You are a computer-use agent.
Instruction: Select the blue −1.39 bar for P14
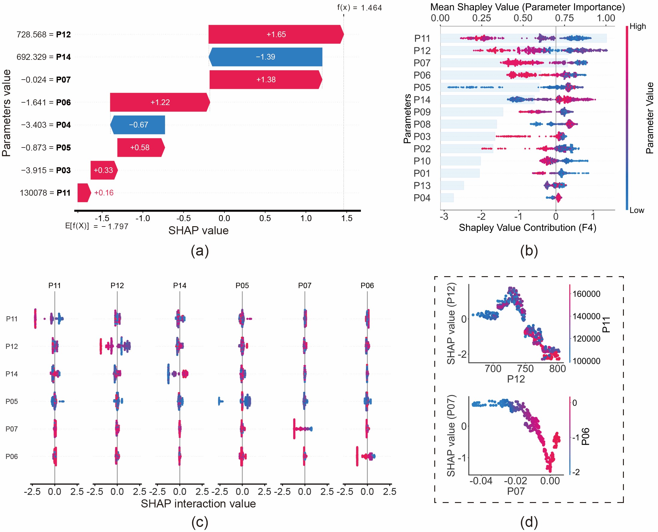[x=265, y=57]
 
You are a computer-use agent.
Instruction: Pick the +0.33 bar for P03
[x=103, y=170]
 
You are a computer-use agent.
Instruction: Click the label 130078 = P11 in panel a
[x=45, y=193]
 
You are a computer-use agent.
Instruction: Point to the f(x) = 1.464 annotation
[x=359, y=8]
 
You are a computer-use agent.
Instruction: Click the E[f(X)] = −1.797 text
[x=97, y=227]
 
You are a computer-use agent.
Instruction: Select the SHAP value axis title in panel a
[x=199, y=231]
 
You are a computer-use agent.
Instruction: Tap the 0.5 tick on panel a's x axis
[x=265, y=218]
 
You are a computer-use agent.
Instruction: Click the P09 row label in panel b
[x=422, y=112]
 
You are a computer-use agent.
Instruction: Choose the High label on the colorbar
[x=638, y=27]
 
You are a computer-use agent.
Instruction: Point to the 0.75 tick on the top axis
[x=565, y=18]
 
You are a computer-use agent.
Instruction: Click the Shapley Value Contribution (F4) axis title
[x=528, y=228]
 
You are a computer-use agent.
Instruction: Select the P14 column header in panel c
[x=180, y=286]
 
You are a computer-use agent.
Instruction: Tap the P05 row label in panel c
[x=12, y=402]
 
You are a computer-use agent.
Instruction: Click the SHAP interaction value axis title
[x=199, y=504]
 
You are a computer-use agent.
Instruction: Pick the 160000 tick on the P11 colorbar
[x=586, y=294]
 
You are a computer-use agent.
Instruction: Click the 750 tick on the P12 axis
[x=526, y=369]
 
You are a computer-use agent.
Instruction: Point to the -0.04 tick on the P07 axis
[x=481, y=481]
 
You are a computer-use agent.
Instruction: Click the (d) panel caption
[x=529, y=522]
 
